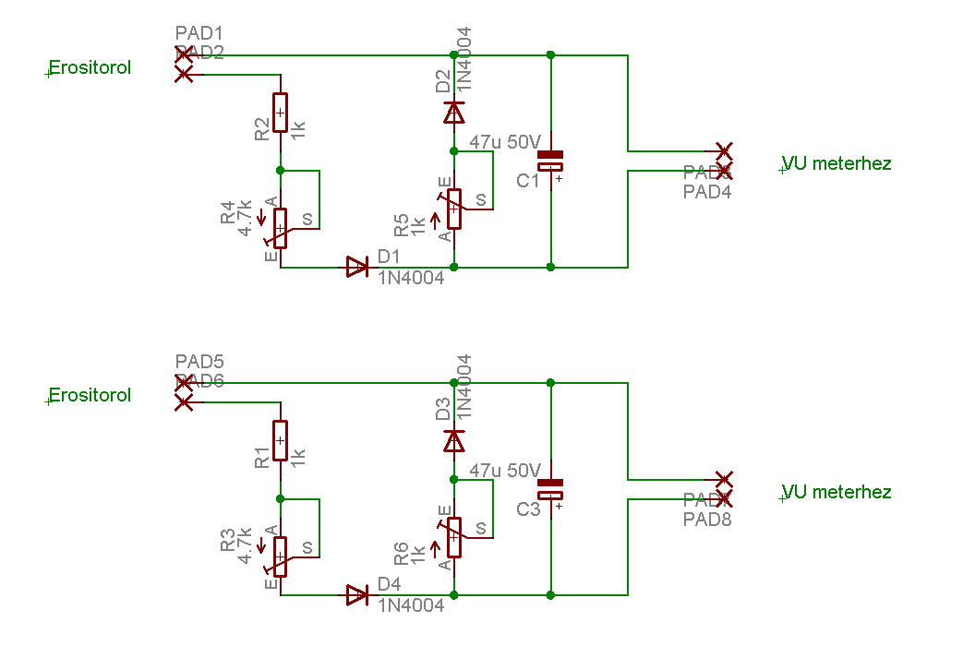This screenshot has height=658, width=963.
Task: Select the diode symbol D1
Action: [x=357, y=268]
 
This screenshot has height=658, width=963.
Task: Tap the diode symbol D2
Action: [x=453, y=113]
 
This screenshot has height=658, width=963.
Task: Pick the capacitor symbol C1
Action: [x=551, y=161]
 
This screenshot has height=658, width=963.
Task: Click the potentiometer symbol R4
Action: [x=281, y=228]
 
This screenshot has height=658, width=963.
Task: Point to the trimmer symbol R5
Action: [x=453, y=209]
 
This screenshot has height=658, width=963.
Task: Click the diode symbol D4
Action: [x=357, y=595]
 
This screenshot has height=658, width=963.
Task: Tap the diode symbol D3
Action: [x=453, y=440]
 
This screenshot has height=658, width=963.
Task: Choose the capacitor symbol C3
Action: [x=551, y=488]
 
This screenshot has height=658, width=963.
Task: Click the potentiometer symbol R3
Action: [x=281, y=556]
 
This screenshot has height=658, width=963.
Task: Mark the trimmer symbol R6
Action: [x=453, y=536]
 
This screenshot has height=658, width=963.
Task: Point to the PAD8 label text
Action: [x=707, y=519]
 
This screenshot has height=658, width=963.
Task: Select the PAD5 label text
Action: [x=199, y=362]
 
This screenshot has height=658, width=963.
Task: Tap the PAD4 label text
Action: [x=707, y=191]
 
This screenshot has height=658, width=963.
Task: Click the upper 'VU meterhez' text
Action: [x=837, y=163]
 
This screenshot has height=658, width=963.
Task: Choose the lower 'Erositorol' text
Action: [x=90, y=395]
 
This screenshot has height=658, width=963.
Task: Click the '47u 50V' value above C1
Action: [x=505, y=142]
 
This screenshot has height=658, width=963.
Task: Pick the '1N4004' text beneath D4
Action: [x=411, y=605]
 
